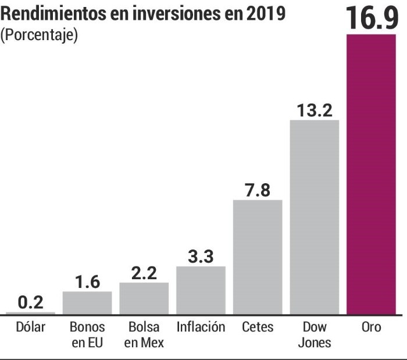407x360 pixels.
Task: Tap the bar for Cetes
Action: pyautogui.click(x=258, y=256)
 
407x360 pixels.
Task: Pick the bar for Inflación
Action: pyautogui.click(x=201, y=290)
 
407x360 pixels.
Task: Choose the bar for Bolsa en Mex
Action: pyautogui.click(x=144, y=298)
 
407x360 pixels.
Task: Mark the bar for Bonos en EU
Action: pyautogui.click(x=87, y=302)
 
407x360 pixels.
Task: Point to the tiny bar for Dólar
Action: pyautogui.click(x=30, y=313)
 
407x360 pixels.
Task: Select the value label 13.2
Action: pyautogui.click(x=314, y=109)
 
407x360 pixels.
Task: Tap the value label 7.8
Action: pyautogui.click(x=258, y=190)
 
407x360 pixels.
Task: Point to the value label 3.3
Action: pyautogui.click(x=201, y=256)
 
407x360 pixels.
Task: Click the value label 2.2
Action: pyautogui.click(x=144, y=272)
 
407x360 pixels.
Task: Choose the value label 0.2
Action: pyautogui.click(x=30, y=302)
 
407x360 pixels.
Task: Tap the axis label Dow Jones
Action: pyautogui.click(x=314, y=334)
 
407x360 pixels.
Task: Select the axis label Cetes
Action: pyautogui.click(x=258, y=327)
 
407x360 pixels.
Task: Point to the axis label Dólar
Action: pyautogui.click(x=30, y=327)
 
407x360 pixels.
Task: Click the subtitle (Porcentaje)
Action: pyautogui.click(x=39, y=35)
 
